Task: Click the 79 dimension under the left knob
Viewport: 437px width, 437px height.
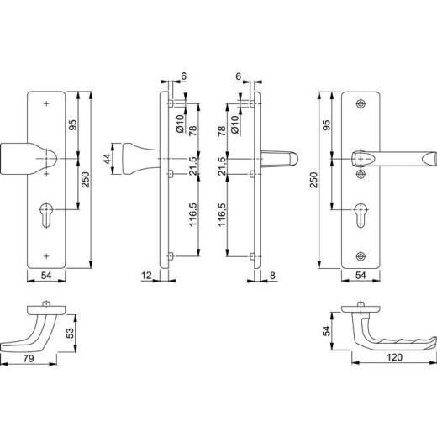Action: (x=29, y=358)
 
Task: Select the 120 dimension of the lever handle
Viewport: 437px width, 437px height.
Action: (x=394, y=357)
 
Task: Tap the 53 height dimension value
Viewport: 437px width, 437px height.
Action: (x=71, y=333)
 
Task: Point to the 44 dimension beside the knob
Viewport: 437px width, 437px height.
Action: (x=108, y=159)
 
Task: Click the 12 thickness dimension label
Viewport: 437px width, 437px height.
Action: (x=146, y=276)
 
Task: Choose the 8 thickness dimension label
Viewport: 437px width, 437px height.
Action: (x=272, y=276)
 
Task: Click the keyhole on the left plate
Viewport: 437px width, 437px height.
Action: (x=46, y=215)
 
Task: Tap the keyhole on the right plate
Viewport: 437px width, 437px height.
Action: (x=361, y=215)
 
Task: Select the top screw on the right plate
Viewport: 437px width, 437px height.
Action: (x=361, y=104)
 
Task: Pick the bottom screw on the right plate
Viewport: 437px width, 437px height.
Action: (x=361, y=256)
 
